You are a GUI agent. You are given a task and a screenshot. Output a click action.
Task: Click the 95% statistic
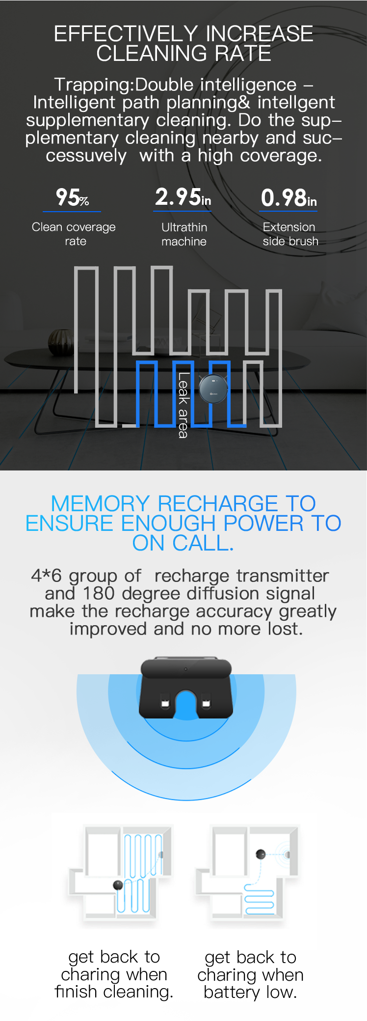point(72,197)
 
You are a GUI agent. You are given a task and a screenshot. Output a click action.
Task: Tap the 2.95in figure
point(183,197)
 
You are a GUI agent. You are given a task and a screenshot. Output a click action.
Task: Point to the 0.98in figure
point(289,198)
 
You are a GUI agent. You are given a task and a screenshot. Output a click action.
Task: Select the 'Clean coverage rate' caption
point(74,234)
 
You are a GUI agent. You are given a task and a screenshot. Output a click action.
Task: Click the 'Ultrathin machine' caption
point(184,234)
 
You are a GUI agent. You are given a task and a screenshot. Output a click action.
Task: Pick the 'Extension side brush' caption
point(290,234)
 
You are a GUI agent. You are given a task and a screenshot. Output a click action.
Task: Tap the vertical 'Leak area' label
point(183,405)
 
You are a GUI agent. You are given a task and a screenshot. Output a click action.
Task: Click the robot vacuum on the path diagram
point(213,389)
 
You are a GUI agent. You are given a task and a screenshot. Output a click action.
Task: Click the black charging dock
point(186,689)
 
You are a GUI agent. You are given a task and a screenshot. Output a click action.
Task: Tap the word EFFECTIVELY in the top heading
point(128,34)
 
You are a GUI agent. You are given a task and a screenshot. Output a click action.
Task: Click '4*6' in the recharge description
point(47,575)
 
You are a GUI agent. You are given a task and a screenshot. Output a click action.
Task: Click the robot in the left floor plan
point(118,885)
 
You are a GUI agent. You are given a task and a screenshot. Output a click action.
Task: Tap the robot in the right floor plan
point(261,854)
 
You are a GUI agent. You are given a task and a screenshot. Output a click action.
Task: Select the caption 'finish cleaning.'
point(114,992)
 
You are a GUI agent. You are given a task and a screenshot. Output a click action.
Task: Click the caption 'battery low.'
point(250,992)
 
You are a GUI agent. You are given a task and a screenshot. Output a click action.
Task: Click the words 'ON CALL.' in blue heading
point(183,543)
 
